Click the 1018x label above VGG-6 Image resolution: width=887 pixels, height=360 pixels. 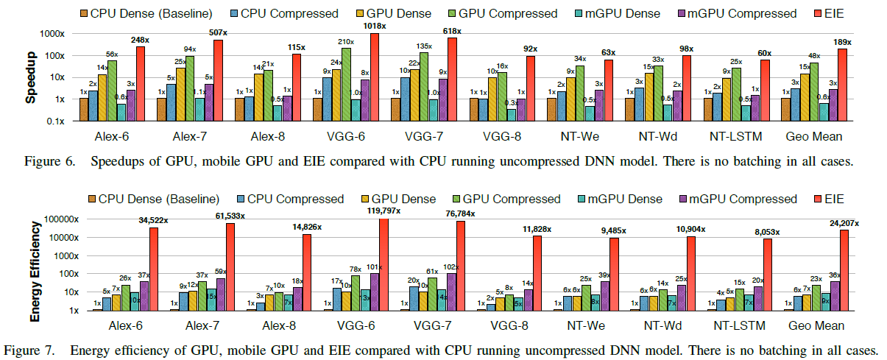pos(373,26)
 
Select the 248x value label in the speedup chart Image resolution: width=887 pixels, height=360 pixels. pos(140,40)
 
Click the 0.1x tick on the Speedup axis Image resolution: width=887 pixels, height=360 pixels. pos(60,121)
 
